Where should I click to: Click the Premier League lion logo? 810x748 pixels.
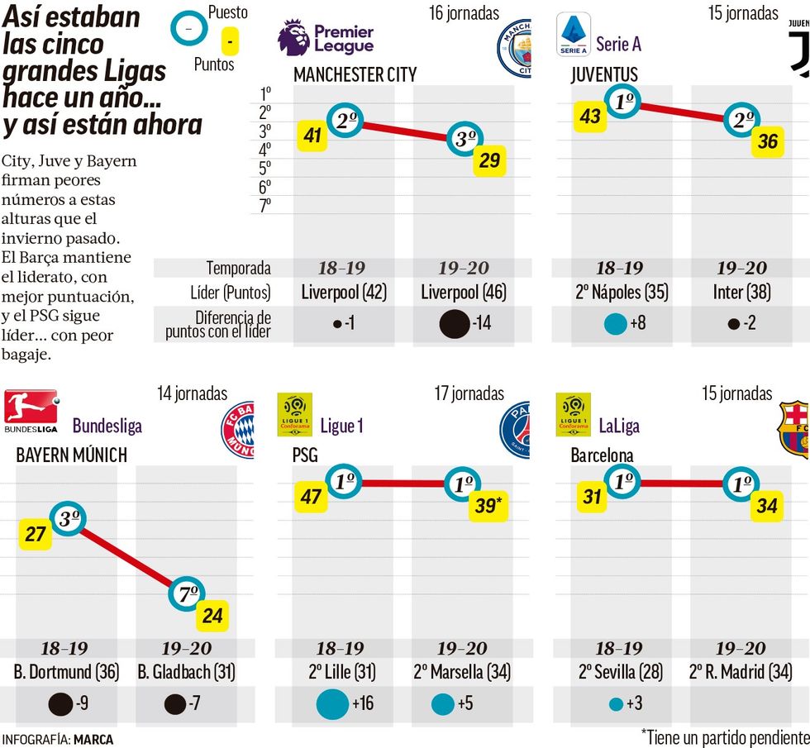pyautogui.click(x=293, y=38)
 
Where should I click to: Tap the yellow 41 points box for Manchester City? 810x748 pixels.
pyautogui.click(x=312, y=136)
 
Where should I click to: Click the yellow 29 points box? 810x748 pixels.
pyautogui.click(x=489, y=160)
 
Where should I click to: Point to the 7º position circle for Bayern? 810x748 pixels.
pyautogui.click(x=188, y=593)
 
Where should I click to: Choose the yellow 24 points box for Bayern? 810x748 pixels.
pyautogui.click(x=212, y=616)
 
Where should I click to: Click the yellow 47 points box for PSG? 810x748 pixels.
pyautogui.click(x=312, y=498)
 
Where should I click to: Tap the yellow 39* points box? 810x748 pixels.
pyautogui.click(x=488, y=507)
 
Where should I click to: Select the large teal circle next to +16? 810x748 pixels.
pyautogui.click(x=332, y=703)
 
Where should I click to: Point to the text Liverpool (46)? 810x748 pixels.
pyautogui.click(x=464, y=292)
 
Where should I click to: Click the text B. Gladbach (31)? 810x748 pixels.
pyautogui.click(x=186, y=672)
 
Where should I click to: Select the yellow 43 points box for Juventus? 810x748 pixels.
pyautogui.click(x=589, y=117)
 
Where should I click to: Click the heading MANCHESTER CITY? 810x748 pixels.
pyautogui.click(x=355, y=74)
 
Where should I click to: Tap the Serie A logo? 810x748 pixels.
pyautogui.click(x=574, y=35)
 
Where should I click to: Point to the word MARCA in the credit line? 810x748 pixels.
pyautogui.click(x=93, y=739)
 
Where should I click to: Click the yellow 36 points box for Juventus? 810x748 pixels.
pyautogui.click(x=767, y=141)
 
